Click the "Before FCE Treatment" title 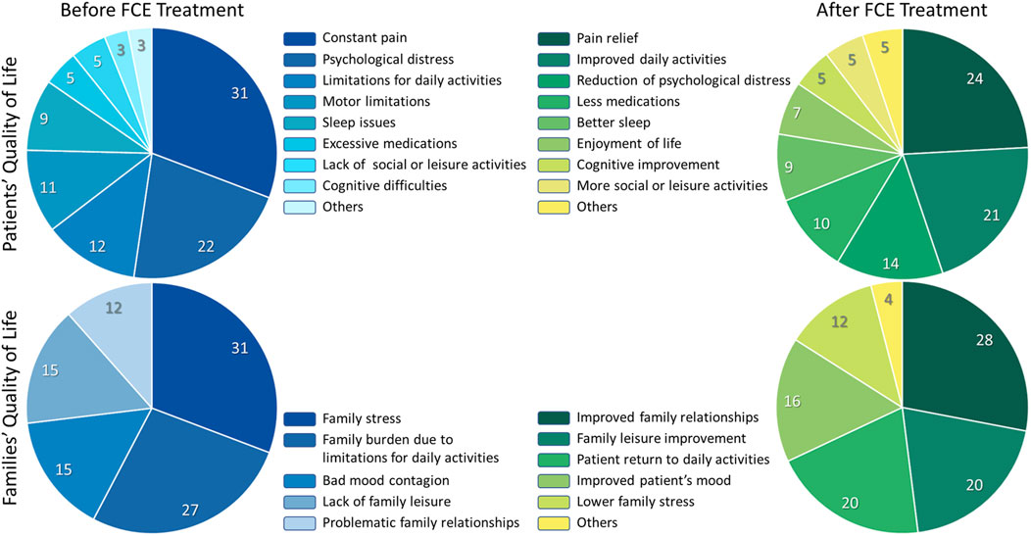point(153,12)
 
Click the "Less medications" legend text point(616,102)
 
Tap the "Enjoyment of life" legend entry point(619,143)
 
